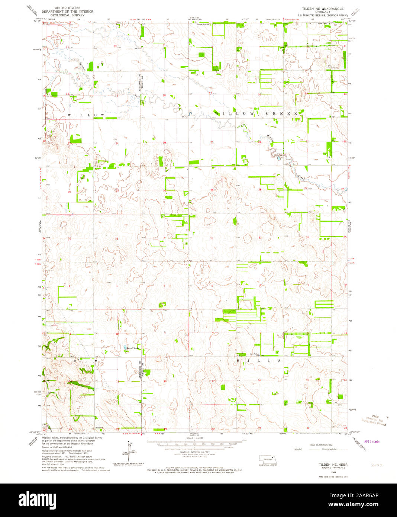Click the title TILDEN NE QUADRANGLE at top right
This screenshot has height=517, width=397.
pyautogui.click(x=323, y=8)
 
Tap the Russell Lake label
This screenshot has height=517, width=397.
pyautogui.click(x=132, y=349)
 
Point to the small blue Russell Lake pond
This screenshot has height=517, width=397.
pyautogui.click(x=125, y=349)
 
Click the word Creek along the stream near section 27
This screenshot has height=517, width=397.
pyautogui.click(x=302, y=179)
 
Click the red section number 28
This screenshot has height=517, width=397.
pyautogui.click(x=260, y=190)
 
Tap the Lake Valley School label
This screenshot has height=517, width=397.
pyautogui.click(x=254, y=354)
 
